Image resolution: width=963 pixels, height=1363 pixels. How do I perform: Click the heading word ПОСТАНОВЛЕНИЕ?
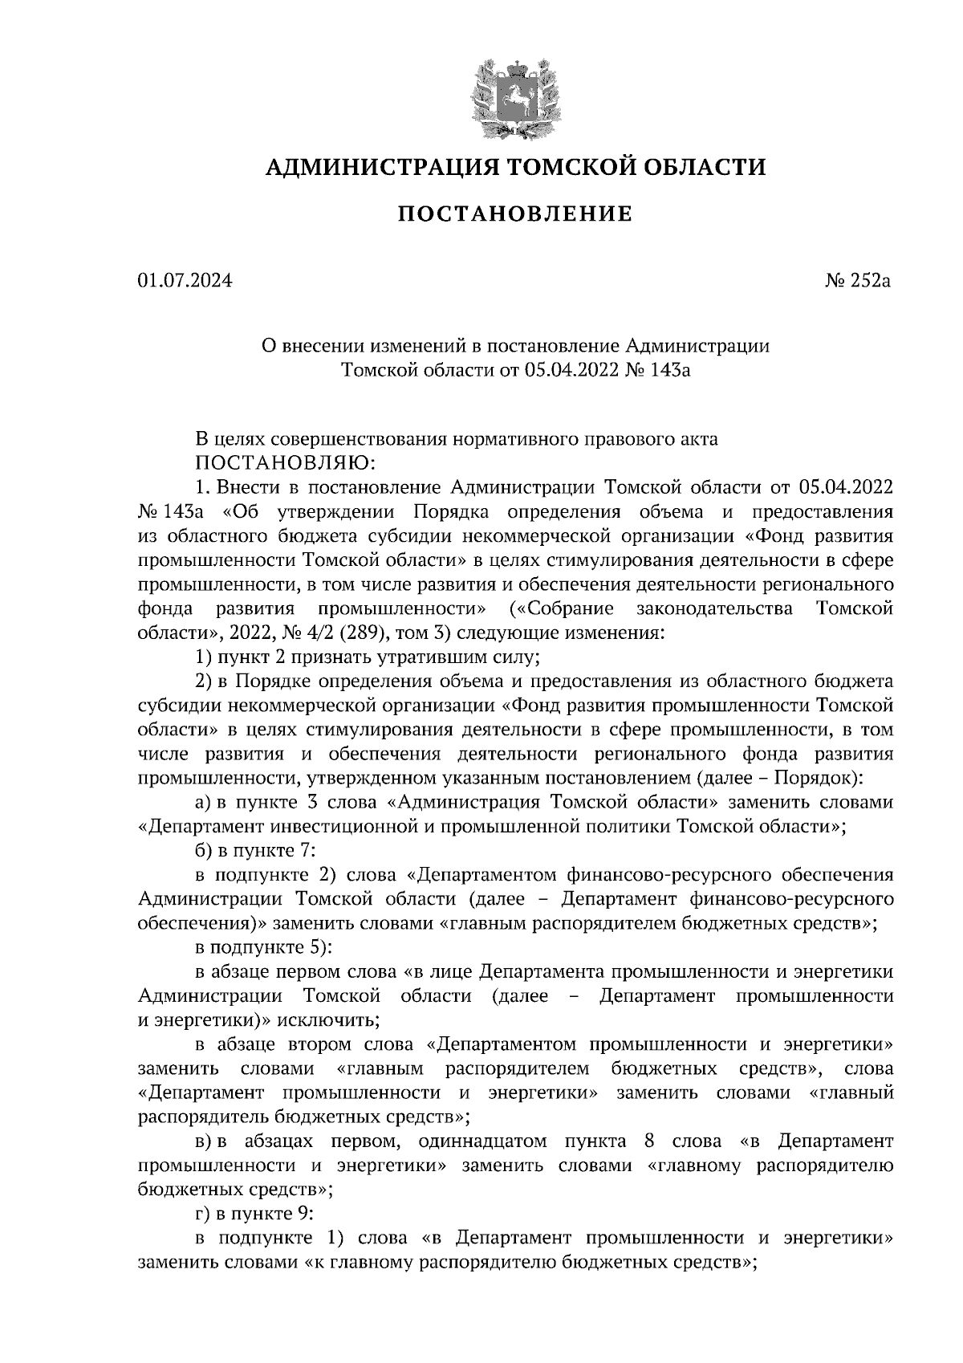point(515,214)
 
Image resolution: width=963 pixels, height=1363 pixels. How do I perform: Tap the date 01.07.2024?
point(185,282)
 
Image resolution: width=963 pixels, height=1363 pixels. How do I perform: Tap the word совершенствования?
point(360,440)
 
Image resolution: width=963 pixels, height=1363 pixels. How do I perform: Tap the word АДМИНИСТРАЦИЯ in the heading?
point(371,167)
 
